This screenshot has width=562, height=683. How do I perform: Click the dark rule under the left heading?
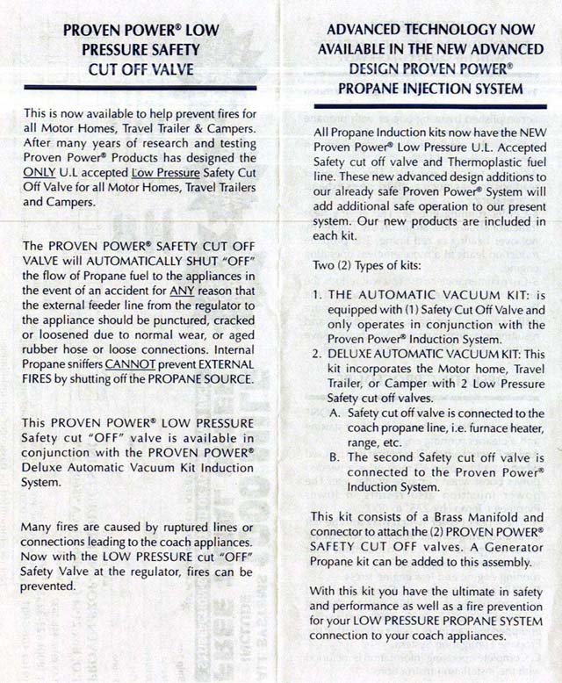(140, 88)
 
